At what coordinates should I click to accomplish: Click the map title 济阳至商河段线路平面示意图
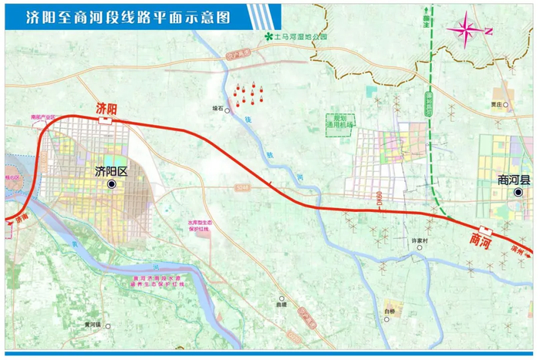click(127, 17)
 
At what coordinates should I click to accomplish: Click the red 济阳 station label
click(106, 107)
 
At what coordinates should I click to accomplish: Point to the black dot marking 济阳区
click(113, 185)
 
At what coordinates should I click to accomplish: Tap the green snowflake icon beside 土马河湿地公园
click(268, 36)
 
